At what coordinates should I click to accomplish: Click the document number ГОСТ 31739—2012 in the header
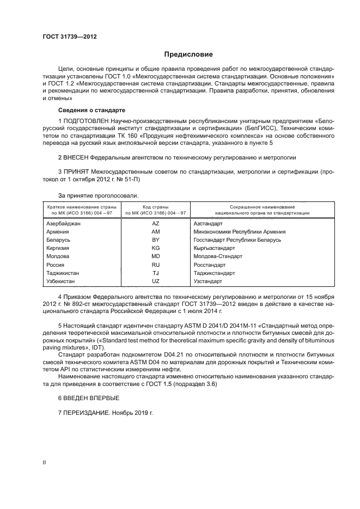pyautogui.click(x=70, y=37)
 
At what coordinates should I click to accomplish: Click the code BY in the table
pyautogui.click(x=155, y=240)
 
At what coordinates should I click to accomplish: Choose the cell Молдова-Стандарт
pyautogui.click(x=218, y=256)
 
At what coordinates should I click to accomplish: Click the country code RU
pyautogui.click(x=155, y=265)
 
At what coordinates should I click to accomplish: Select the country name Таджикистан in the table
pyautogui.click(x=63, y=273)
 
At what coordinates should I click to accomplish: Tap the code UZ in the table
pyautogui.click(x=155, y=281)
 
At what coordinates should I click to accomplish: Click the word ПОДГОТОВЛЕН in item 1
pyautogui.click(x=87, y=120)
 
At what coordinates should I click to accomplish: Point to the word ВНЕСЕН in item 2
pyautogui.click(x=77, y=157)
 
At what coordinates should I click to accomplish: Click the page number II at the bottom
pyautogui.click(x=45, y=462)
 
